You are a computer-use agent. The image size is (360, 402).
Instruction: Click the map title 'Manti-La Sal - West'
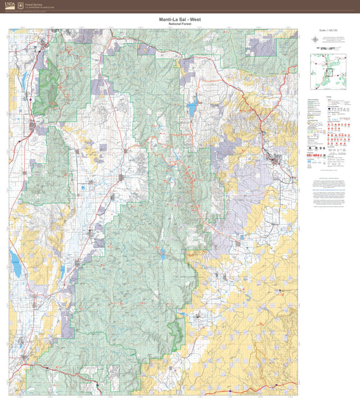pyautogui.click(x=180, y=20)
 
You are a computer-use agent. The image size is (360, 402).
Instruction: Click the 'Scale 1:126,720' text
pyautogui.click(x=326, y=30)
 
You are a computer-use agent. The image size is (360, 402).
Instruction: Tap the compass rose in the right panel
pyautogui.click(x=316, y=39)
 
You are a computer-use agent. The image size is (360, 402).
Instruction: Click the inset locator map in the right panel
pyautogui.click(x=328, y=72)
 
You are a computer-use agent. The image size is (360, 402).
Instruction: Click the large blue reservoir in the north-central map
pyautogui.click(x=192, y=106)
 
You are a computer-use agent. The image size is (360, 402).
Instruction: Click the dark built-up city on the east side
pyautogui.click(x=274, y=159)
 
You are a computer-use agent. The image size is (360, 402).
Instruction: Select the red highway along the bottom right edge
pyautogui.click(x=270, y=391)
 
